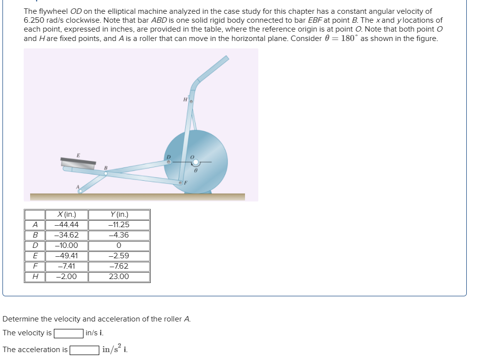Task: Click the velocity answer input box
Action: [x=69, y=333]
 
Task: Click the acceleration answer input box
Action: [x=84, y=350]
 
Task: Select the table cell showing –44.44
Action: [x=67, y=225]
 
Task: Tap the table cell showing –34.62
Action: [x=67, y=235]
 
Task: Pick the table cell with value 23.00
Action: [x=119, y=277]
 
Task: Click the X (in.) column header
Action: [x=67, y=214]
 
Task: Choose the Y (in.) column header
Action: [x=119, y=214]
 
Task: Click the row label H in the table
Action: [x=35, y=277]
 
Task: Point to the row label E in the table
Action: [x=35, y=256]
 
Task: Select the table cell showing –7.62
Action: [x=119, y=266]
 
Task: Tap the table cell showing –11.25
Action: [x=119, y=225]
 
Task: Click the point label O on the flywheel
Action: [x=194, y=155]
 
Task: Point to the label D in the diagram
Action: [x=168, y=157]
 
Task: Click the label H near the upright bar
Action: [x=185, y=100]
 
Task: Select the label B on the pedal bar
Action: [x=105, y=168]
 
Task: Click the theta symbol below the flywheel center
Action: [x=196, y=169]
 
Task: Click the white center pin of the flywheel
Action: [x=196, y=162]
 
